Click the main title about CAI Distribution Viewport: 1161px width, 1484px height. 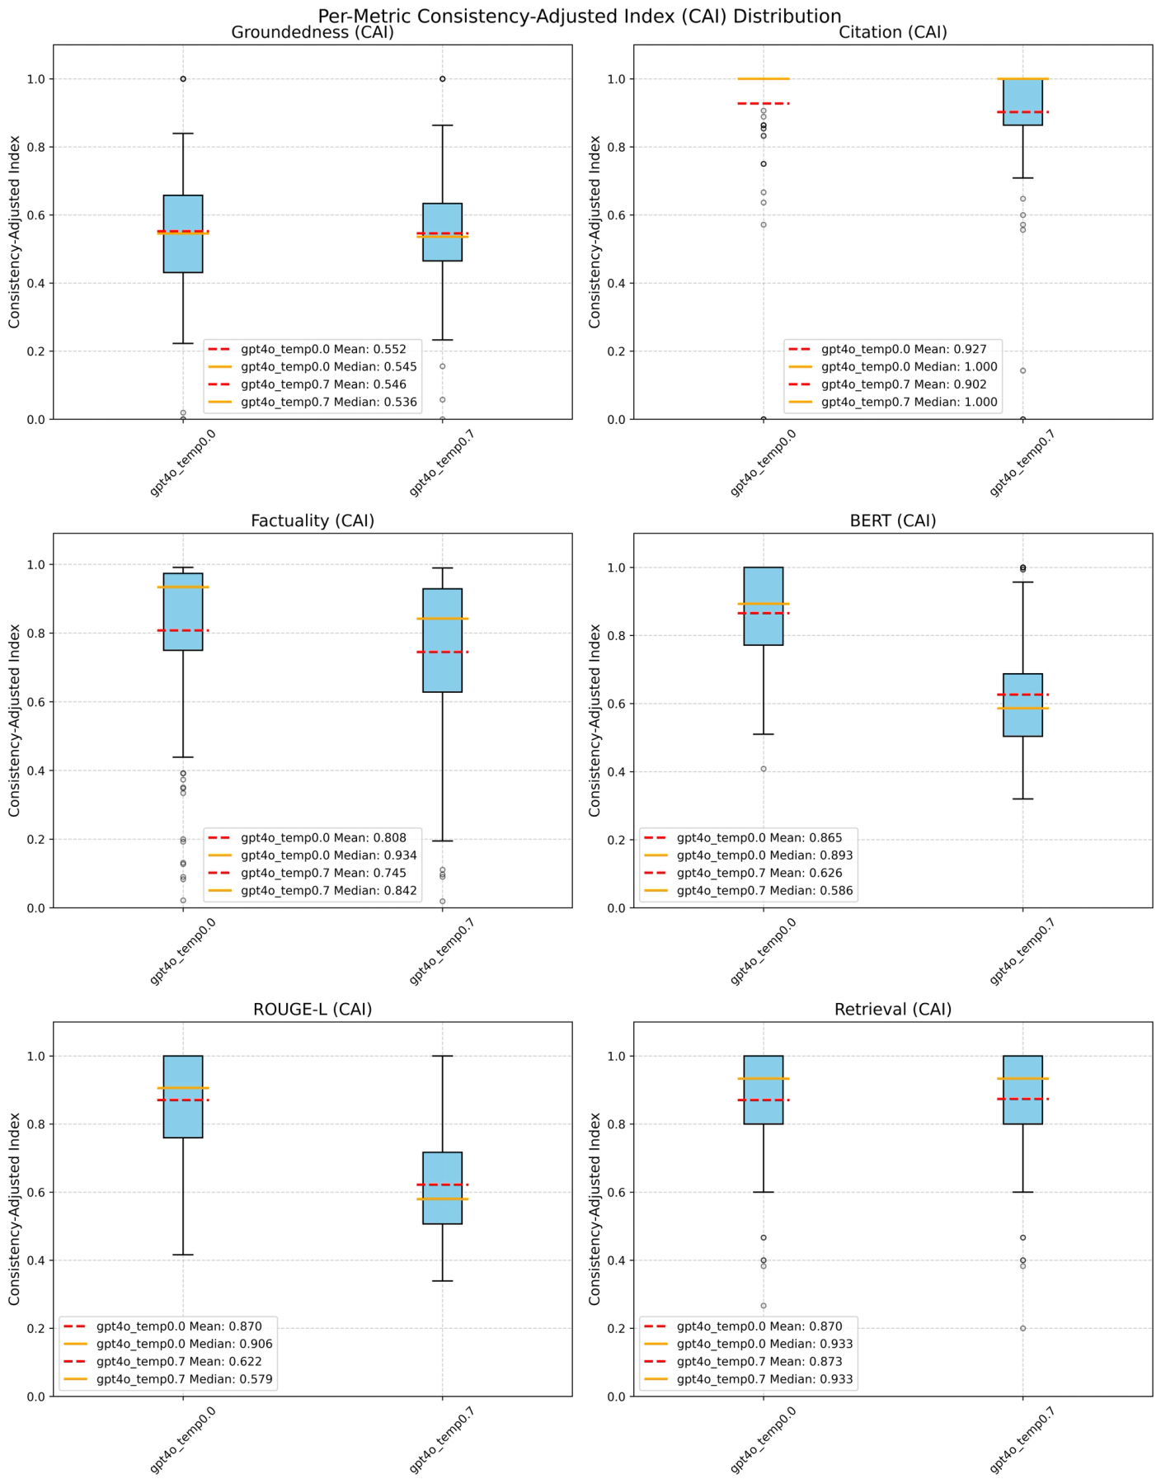(x=580, y=16)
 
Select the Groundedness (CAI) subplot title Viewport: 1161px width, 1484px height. (x=313, y=33)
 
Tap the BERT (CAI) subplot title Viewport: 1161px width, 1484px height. (x=893, y=521)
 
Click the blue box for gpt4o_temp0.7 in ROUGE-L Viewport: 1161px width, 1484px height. (x=442, y=1188)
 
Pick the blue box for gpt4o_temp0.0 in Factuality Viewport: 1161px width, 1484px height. (x=183, y=611)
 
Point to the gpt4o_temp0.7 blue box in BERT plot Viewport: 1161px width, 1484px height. (x=1022, y=704)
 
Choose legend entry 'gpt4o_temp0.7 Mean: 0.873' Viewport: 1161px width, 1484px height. (x=759, y=1362)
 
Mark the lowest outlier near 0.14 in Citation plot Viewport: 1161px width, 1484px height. (x=1022, y=371)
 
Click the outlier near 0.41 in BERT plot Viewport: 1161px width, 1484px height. (x=764, y=769)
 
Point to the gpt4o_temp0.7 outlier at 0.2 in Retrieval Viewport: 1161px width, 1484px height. (x=1022, y=1328)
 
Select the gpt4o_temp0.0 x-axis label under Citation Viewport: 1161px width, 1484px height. (x=764, y=464)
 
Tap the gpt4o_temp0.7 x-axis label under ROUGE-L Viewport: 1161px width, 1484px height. (x=442, y=1441)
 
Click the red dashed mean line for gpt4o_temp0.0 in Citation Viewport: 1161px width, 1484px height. (x=764, y=104)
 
